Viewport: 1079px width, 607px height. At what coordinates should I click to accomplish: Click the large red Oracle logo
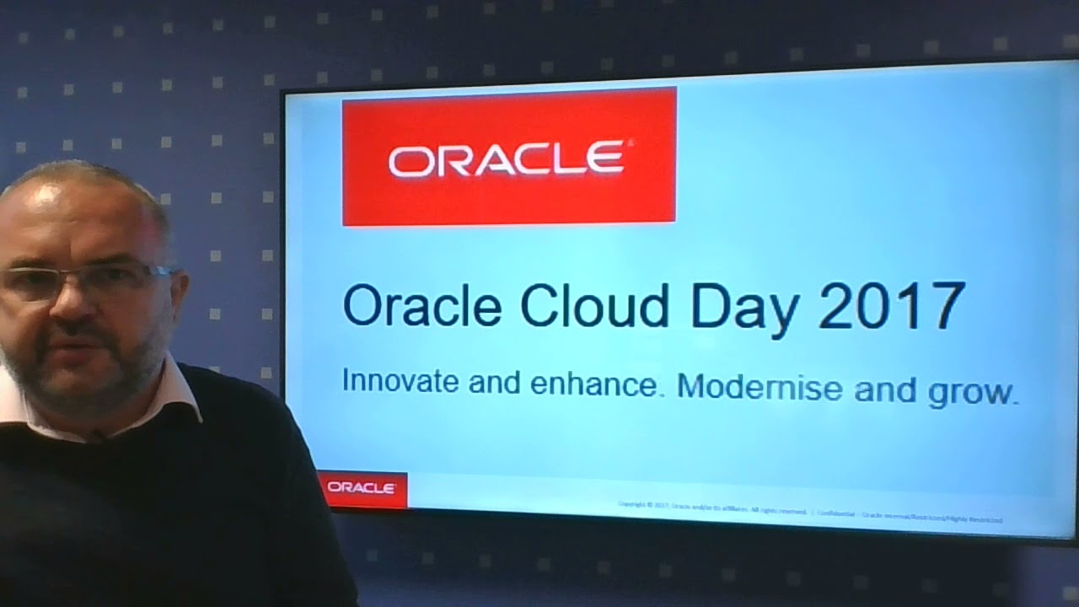(508, 157)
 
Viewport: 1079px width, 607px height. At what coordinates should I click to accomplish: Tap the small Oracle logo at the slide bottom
(362, 488)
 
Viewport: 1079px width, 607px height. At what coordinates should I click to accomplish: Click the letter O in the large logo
(409, 158)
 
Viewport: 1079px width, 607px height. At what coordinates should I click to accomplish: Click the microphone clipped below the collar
(98, 436)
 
